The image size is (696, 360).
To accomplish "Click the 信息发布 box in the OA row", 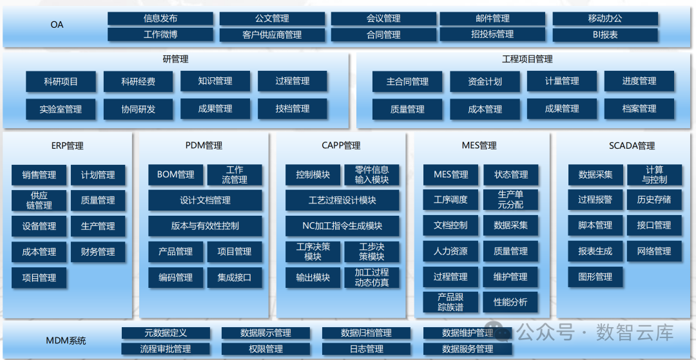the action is (160, 19).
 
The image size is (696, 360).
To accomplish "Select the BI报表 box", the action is (605, 35).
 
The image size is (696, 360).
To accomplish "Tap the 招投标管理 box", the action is (492, 35).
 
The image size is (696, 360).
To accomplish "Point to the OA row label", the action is (57, 26).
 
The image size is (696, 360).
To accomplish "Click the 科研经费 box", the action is (138, 82).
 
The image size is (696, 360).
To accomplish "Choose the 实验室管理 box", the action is (61, 109).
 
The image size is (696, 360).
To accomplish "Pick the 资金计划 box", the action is (485, 82).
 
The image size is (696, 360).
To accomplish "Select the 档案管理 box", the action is (639, 109).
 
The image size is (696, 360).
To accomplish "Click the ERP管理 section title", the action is (68, 146).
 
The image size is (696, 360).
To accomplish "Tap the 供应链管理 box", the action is (39, 200).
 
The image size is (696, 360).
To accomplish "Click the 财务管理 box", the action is (98, 252).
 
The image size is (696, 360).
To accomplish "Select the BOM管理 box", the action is (175, 175).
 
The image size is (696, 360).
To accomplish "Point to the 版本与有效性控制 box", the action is (205, 226).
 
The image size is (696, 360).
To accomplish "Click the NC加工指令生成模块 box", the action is (342, 226).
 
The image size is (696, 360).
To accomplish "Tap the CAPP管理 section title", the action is (341, 146).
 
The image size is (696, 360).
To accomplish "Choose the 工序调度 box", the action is (450, 200).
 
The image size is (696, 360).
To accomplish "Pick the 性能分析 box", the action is (510, 302).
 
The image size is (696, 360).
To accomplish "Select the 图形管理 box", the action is (595, 277).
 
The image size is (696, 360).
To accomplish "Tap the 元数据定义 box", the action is (166, 333).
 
